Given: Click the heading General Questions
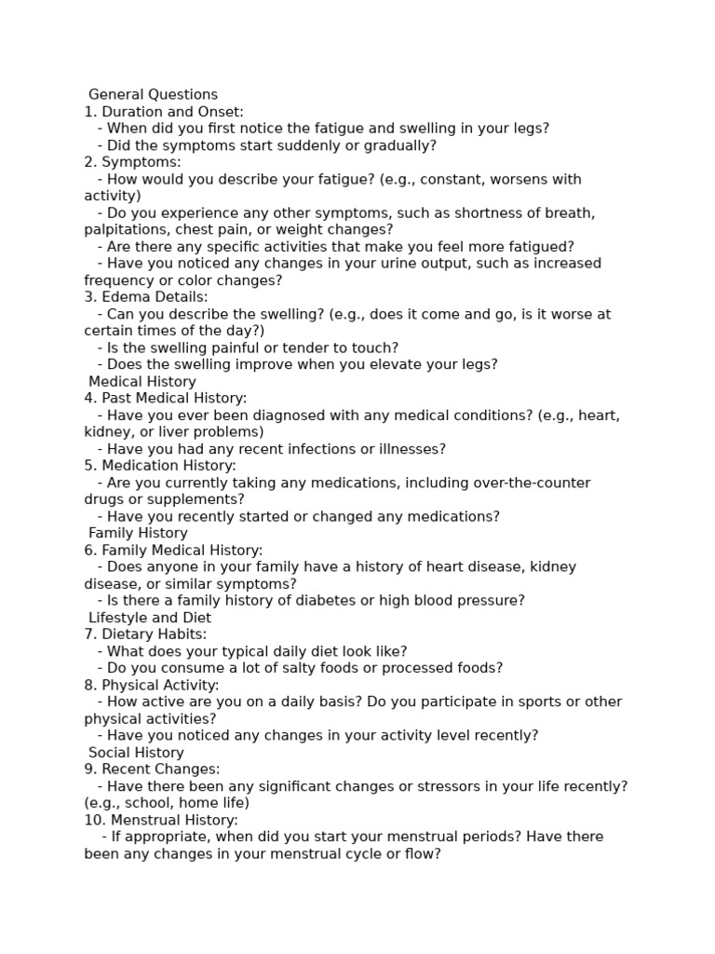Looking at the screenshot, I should coord(153,94).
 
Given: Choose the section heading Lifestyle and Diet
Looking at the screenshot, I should coord(150,618).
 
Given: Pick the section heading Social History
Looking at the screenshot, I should coord(136,753).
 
